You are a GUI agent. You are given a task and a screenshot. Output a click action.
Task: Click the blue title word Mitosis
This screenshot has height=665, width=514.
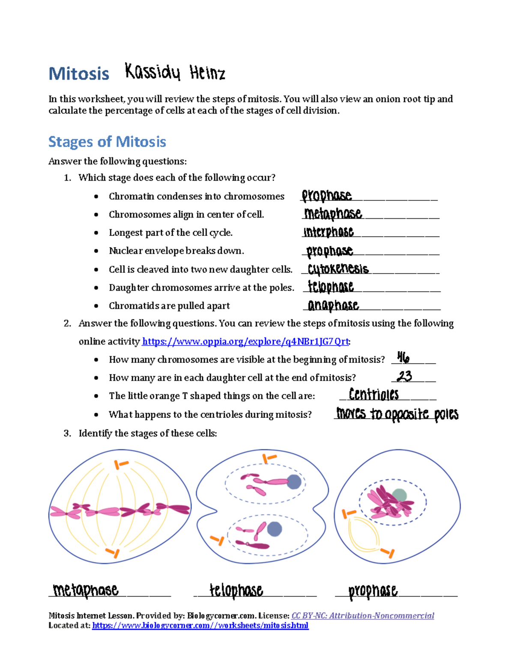(x=79, y=74)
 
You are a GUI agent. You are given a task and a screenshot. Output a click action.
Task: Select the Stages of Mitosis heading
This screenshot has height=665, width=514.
(x=107, y=142)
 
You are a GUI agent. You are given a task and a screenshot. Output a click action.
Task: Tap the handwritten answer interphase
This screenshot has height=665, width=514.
(x=329, y=232)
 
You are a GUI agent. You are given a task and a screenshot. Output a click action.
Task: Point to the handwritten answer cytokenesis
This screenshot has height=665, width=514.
(x=338, y=269)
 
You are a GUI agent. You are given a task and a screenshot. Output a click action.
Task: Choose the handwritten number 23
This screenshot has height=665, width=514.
(x=404, y=376)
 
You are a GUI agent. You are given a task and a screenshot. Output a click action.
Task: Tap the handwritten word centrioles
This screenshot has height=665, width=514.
(x=374, y=394)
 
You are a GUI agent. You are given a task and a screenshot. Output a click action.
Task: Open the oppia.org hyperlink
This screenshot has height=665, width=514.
(x=245, y=341)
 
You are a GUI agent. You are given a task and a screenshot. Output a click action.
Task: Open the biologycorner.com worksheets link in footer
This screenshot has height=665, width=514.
(x=200, y=626)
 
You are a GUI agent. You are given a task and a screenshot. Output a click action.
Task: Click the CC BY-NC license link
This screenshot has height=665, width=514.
(x=362, y=616)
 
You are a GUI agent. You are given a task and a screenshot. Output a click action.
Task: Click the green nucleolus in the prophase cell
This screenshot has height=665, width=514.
(x=399, y=495)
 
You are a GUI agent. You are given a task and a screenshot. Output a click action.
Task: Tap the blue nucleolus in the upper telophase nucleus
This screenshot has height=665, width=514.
(x=294, y=482)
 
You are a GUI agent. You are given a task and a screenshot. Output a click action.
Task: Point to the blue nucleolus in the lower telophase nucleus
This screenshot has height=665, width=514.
(x=274, y=529)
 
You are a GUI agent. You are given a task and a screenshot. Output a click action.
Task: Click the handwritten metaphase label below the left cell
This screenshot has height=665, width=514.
(x=86, y=590)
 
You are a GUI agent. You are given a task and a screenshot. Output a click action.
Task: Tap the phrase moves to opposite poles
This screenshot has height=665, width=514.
(x=397, y=414)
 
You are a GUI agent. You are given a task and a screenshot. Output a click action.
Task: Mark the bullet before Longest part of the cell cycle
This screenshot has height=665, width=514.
(x=96, y=233)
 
